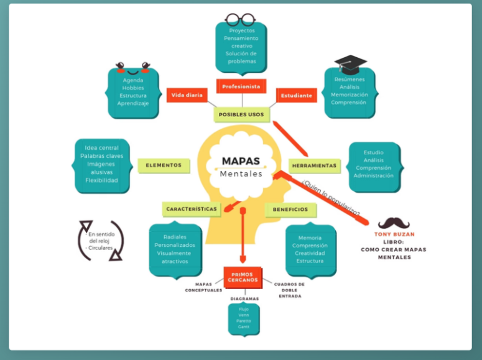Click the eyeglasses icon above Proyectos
tap(241, 19)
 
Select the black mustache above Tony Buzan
tap(394, 223)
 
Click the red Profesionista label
tap(241, 86)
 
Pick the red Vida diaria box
tap(187, 96)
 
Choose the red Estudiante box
tap(297, 96)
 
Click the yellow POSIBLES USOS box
tap(241, 114)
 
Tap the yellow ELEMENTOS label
tap(164, 165)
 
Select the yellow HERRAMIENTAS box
tap(315, 166)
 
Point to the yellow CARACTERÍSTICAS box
tap(192, 209)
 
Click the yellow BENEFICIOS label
tap(290, 210)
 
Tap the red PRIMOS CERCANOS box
tap(243, 277)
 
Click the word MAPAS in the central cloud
tap(241, 161)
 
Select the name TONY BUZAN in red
tap(394, 234)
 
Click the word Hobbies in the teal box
tap(133, 88)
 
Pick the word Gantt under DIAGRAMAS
tap(244, 326)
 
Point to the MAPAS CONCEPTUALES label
tap(203, 287)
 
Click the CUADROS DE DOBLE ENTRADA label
tap(289, 290)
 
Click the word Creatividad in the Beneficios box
tap(310, 253)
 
